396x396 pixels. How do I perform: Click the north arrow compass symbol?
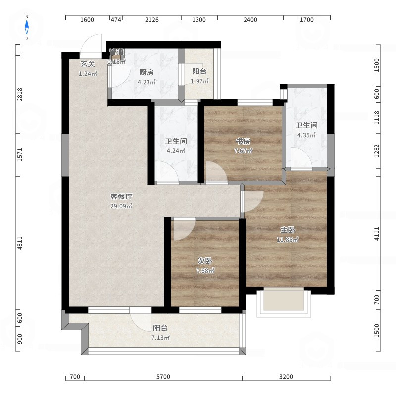point(27,27)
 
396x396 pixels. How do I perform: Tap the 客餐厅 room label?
point(121,196)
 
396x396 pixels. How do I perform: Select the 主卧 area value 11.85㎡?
point(288,239)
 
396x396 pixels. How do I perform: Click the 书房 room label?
point(243,141)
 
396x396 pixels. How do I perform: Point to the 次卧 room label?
point(205,261)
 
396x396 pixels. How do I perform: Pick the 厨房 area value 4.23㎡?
point(147,82)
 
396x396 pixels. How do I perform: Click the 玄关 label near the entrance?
point(88,64)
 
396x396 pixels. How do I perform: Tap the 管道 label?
point(116,52)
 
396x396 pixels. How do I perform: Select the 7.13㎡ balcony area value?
point(160,338)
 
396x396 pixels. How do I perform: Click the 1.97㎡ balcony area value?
point(199,81)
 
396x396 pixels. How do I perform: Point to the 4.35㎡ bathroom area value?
point(306,135)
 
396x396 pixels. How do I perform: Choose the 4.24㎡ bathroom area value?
point(176,151)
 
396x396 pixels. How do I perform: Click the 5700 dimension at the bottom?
point(163,377)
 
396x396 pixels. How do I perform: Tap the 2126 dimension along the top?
point(152,20)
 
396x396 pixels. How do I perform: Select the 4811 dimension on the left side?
point(20,243)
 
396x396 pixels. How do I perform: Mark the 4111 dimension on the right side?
point(377,234)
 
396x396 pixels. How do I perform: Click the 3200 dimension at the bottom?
point(286,377)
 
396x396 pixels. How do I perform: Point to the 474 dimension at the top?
point(116,20)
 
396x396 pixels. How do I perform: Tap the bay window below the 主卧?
point(284,302)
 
